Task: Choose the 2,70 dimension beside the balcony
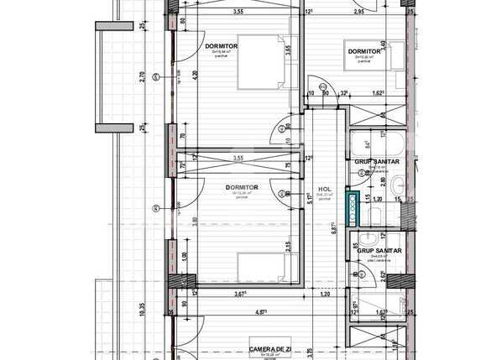tap(144, 76)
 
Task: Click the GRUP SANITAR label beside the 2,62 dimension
tap(379, 251)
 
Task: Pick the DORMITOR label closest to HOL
tap(242, 187)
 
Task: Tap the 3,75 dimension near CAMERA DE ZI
tap(311, 351)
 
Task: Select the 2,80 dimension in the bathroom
tap(383, 181)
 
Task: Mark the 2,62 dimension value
tap(383, 274)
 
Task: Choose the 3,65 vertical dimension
tap(287, 50)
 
